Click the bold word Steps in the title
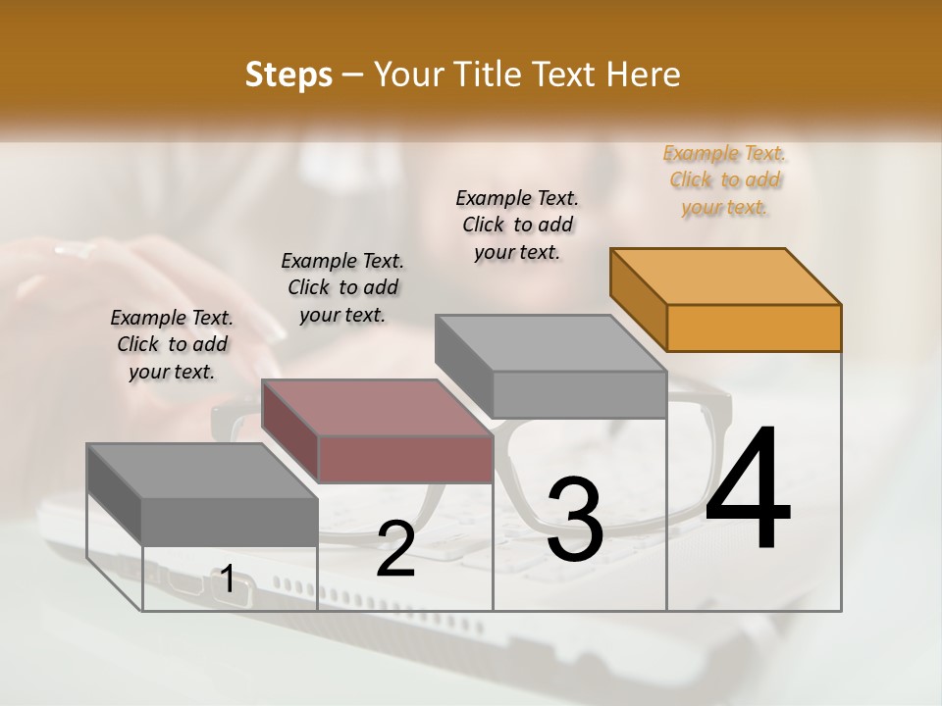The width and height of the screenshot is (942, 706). (288, 75)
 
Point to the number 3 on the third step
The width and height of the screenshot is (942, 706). (575, 520)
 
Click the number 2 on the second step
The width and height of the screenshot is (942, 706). (395, 549)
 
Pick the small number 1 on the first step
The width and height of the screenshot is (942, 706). (227, 580)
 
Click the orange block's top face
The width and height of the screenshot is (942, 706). (726, 276)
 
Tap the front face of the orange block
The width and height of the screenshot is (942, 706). (754, 328)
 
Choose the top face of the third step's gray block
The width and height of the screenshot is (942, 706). (551, 342)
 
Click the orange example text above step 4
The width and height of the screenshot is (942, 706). (725, 180)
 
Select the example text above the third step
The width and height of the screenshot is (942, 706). (517, 225)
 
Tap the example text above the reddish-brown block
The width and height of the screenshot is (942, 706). (342, 287)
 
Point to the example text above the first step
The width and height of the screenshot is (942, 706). (172, 344)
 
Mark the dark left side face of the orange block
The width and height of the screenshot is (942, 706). (639, 298)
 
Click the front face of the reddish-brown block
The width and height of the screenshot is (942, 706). (405, 459)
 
